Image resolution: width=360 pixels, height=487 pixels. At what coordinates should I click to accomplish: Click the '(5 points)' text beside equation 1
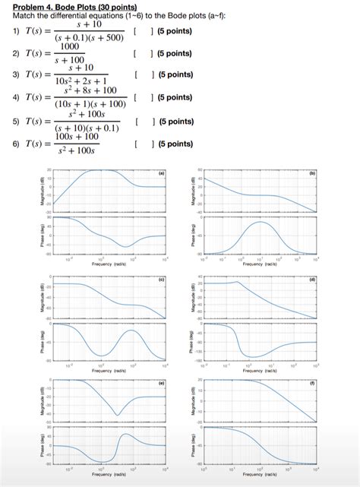tap(173, 31)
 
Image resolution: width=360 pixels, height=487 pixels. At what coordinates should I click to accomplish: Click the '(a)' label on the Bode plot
tap(161, 173)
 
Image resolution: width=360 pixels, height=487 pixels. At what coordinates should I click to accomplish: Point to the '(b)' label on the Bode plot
tap(311, 173)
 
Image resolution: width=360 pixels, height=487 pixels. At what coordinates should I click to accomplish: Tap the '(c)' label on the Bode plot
tap(161, 280)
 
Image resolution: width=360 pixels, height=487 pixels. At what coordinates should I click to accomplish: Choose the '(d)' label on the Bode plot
tap(311, 280)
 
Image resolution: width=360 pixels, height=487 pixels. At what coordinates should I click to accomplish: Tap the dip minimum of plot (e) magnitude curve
tap(116, 415)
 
